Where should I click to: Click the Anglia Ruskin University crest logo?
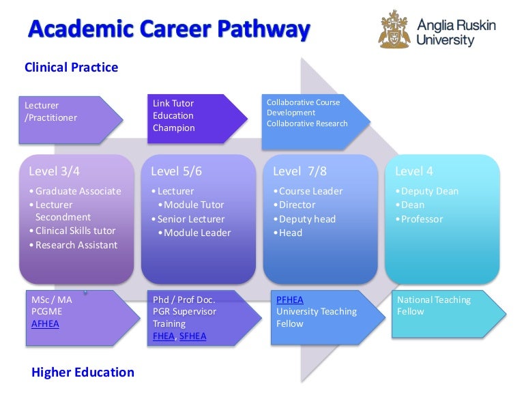pos(395,29)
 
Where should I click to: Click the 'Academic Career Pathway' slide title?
pos(169,29)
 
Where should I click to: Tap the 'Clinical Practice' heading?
pos(71,68)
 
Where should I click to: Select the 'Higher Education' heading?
pos(83,372)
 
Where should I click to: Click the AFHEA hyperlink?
pos(45,323)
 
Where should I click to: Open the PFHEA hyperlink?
pos(289,300)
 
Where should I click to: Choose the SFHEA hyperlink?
pos(192,336)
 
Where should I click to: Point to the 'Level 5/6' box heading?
pos(176,171)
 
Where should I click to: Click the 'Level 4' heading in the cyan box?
pos(413,171)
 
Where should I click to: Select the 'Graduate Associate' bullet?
pos(78,191)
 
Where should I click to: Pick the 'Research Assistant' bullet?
pos(76,245)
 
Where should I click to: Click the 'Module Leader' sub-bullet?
pos(196,233)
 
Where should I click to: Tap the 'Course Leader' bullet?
pos(310,191)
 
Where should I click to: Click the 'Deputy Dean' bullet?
pos(429,191)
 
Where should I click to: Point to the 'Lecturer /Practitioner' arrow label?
pos(51,111)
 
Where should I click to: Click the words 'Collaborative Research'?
pos(307,123)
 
